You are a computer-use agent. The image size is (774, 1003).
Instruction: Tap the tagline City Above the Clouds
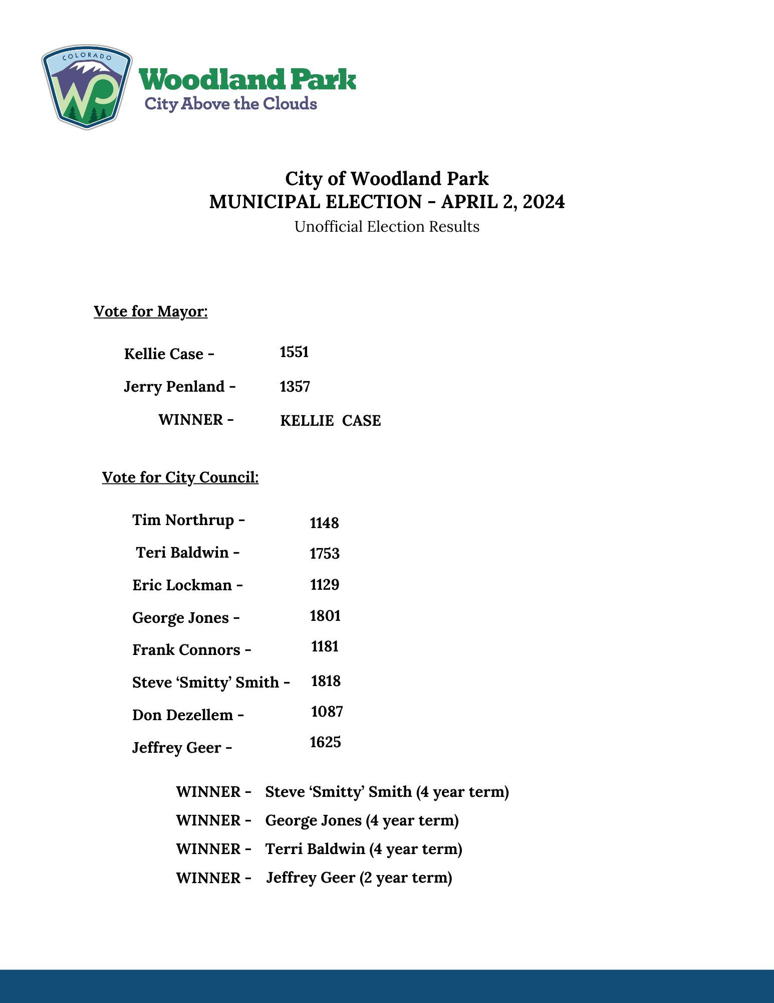pos(230,104)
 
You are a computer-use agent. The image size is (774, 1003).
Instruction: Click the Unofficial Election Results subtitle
pos(387,227)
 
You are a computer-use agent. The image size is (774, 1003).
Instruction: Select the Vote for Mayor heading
pos(150,311)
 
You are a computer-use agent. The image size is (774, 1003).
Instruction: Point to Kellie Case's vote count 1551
pos(294,352)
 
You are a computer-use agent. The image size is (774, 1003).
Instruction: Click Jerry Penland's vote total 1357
pos(295,387)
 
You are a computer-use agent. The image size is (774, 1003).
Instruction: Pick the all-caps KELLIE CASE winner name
pos(330,421)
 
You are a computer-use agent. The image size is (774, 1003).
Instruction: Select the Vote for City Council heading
pos(180,477)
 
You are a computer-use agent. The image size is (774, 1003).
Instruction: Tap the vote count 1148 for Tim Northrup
pos(324,523)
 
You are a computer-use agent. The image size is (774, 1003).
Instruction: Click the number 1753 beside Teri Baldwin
pos(325,554)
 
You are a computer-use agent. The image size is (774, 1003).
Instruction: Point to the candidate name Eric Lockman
pos(182,585)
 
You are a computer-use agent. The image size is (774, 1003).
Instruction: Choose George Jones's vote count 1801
pos(325,616)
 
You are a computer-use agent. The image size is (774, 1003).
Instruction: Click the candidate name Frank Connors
pos(186,650)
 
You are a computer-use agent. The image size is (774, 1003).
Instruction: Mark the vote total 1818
pos(326,681)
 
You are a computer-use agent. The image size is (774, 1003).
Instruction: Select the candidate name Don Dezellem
pos(182,715)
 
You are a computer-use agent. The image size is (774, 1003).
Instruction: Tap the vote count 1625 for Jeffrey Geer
pos(325,742)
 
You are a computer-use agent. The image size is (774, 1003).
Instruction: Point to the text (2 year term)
pos(406,878)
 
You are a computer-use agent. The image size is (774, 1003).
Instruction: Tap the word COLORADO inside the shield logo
pos(87,56)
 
